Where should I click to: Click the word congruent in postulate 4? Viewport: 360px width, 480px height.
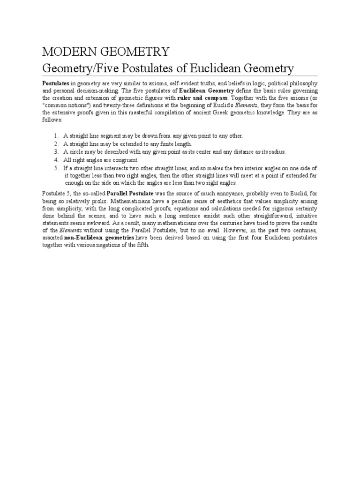pos(123,160)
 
